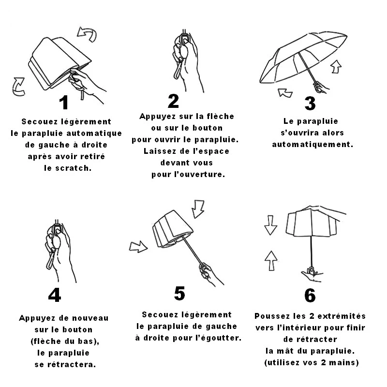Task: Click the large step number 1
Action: click(64, 103)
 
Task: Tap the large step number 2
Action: click(173, 101)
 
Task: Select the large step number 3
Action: click(310, 104)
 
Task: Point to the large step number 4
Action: click(55, 295)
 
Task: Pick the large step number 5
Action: click(179, 293)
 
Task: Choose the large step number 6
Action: click(310, 295)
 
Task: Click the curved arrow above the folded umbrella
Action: click(88, 34)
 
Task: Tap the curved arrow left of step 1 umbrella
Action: click(18, 87)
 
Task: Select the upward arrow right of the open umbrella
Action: click(336, 66)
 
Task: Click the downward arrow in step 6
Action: click(271, 225)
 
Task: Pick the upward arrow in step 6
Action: click(271, 261)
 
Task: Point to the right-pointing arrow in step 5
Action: click(138, 247)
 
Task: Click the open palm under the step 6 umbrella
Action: click(312, 275)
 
